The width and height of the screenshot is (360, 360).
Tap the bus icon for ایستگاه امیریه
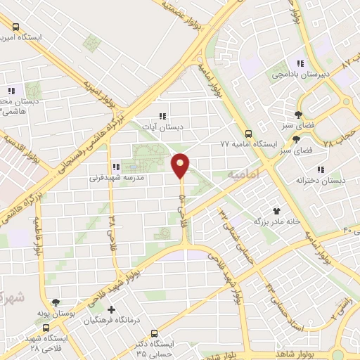pos(15,26)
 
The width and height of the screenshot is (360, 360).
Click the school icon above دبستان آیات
pos(163,116)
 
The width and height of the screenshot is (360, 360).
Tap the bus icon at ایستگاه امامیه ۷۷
pos(247,132)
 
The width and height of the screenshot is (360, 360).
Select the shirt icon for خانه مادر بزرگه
pos(278,210)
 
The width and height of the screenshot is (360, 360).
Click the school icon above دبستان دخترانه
pos(321,169)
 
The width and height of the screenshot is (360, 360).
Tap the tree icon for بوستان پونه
pos(65,302)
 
